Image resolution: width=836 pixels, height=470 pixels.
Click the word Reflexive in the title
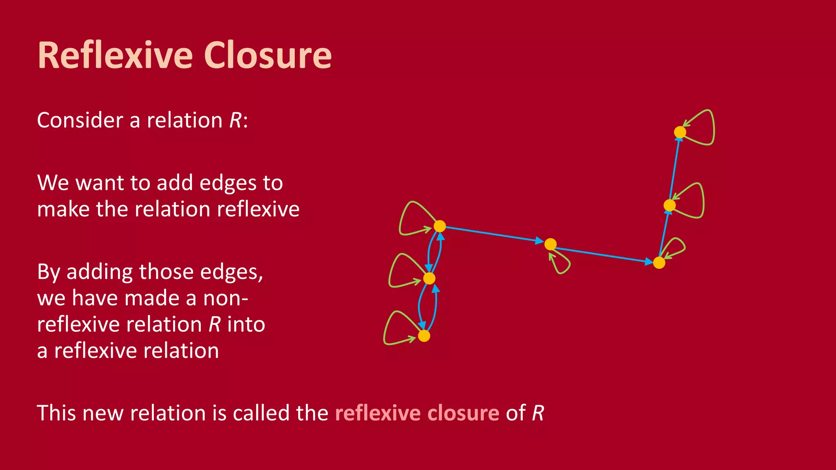[x=115, y=55]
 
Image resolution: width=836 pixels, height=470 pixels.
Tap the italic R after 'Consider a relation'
[x=236, y=120]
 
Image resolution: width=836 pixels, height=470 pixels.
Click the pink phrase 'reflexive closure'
[x=417, y=413]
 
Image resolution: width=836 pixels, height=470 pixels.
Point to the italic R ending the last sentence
[x=538, y=413]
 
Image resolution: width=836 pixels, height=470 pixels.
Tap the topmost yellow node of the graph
[x=680, y=132]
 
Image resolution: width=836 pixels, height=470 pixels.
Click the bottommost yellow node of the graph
[x=424, y=336]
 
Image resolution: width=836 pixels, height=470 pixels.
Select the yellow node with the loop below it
[x=550, y=244]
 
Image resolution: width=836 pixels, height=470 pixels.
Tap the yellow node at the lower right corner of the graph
[x=659, y=263]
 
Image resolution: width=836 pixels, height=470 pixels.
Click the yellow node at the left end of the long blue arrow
[x=439, y=226]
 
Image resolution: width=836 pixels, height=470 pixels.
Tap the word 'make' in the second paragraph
[x=63, y=209]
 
